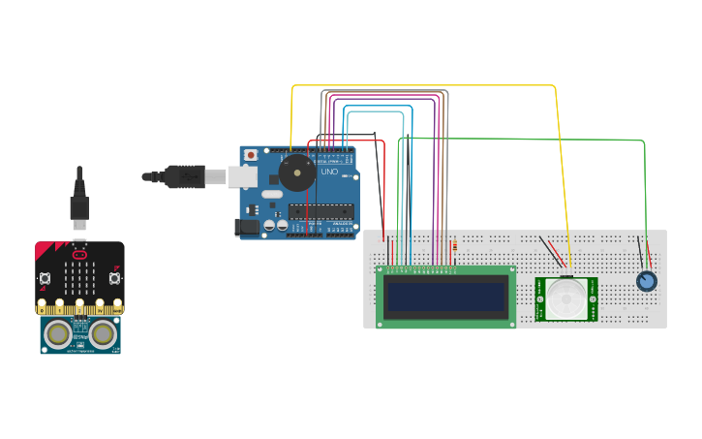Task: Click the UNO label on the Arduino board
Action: click(x=329, y=172)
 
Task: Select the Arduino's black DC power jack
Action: click(x=249, y=226)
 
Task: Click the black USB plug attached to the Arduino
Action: click(x=183, y=176)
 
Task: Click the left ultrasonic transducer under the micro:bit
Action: click(x=59, y=333)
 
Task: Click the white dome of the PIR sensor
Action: click(x=565, y=298)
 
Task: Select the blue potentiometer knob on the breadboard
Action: click(x=646, y=281)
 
